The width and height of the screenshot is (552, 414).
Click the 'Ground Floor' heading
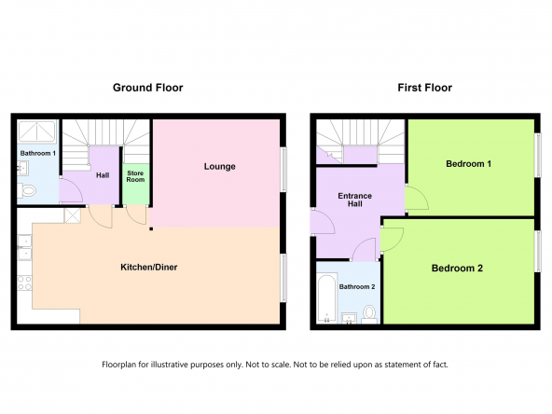click(x=148, y=88)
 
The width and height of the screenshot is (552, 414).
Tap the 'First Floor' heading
click(x=424, y=88)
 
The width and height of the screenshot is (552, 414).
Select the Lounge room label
click(x=220, y=167)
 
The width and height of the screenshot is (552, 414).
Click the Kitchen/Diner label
click(x=149, y=268)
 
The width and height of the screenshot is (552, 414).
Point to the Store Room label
click(x=135, y=176)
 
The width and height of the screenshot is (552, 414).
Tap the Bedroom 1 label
click(x=468, y=164)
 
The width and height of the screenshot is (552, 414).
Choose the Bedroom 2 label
click(x=457, y=269)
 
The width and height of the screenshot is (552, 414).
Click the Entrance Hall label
click(x=355, y=200)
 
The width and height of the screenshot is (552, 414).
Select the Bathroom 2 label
click(x=357, y=287)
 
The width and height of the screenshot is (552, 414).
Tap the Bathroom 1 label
click(x=38, y=154)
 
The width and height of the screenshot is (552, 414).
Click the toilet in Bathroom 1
click(x=27, y=191)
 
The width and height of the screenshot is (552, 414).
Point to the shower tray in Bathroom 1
click(x=37, y=131)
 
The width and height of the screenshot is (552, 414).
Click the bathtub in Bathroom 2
click(x=326, y=298)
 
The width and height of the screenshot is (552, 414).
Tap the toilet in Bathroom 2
click(x=369, y=314)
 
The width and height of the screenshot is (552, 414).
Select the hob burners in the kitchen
click(x=24, y=283)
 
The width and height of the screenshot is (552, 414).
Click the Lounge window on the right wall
click(x=283, y=170)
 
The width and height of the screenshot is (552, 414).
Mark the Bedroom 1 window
click(x=538, y=155)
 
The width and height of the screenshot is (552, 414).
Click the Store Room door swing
click(x=136, y=214)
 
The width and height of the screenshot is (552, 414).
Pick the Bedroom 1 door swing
click(x=417, y=199)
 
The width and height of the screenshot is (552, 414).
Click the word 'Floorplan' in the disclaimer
click(x=118, y=365)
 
